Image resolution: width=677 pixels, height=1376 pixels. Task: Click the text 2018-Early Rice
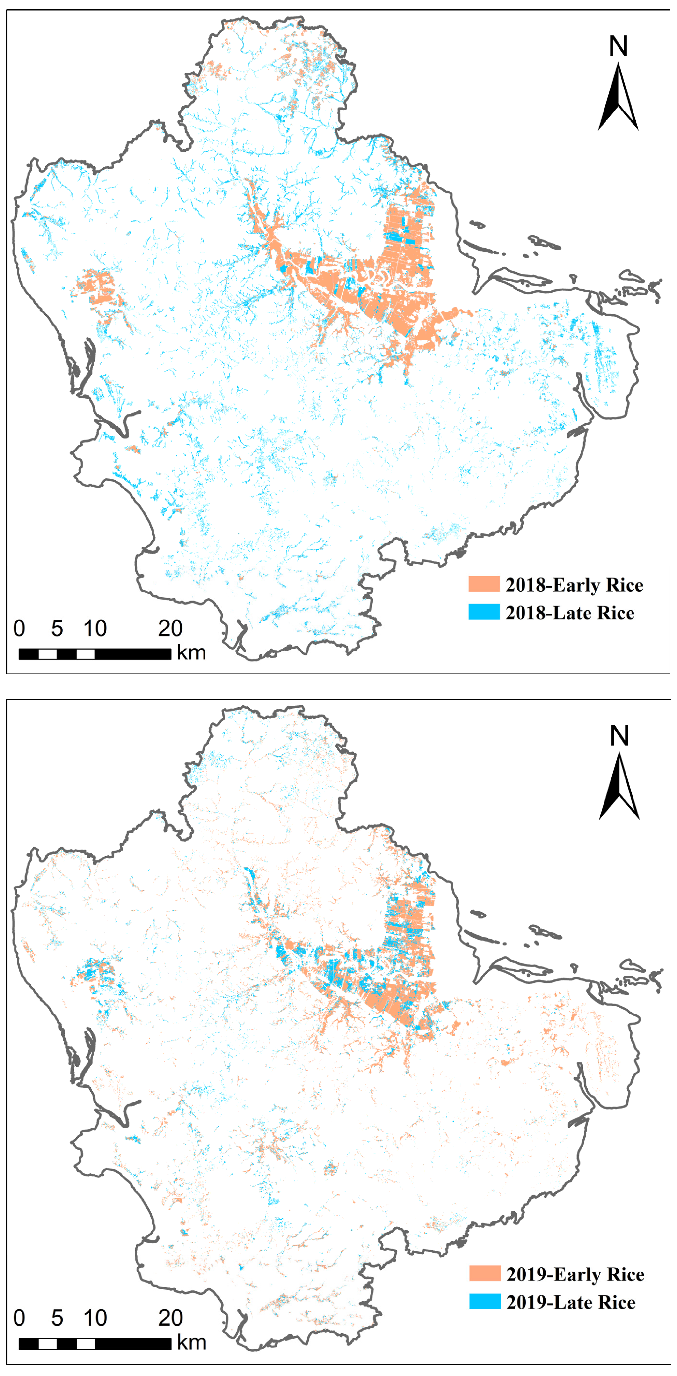[574, 585]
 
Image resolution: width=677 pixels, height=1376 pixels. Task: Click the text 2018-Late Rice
[570, 613]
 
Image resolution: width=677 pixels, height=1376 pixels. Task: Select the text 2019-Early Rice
[575, 1274]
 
